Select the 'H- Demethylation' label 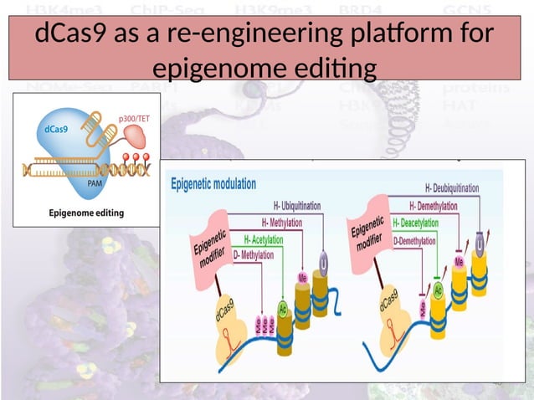(441, 206)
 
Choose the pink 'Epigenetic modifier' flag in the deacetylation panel (367, 233)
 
